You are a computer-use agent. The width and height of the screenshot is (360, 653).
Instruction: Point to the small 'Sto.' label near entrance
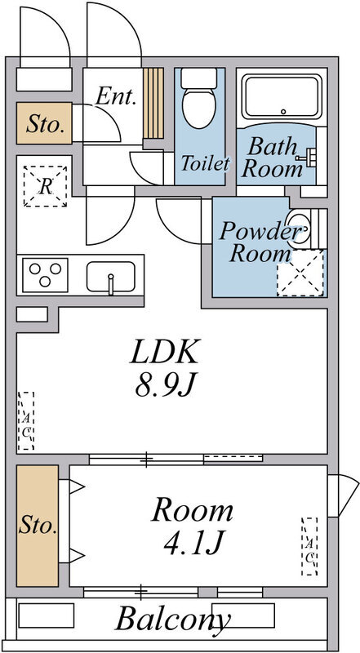(45, 125)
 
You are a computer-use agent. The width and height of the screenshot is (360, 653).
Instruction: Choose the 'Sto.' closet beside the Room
(38, 526)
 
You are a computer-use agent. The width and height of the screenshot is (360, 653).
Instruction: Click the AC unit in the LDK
(26, 421)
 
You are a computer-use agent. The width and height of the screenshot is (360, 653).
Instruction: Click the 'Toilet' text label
(206, 163)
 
